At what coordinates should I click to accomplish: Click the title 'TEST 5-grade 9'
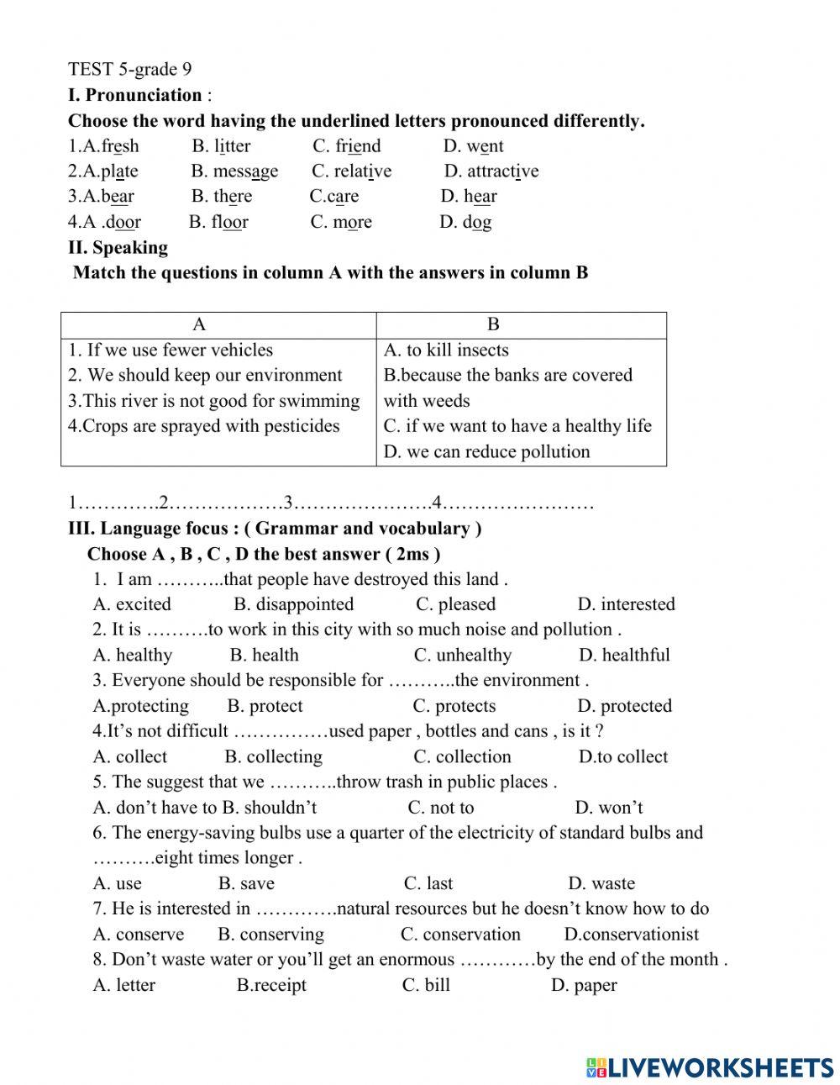pos(129,69)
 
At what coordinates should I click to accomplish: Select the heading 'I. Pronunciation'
pos(134,95)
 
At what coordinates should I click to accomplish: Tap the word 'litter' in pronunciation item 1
pos(222,146)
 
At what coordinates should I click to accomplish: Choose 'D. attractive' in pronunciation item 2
pos(491,171)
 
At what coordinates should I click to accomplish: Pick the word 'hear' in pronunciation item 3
pos(469,197)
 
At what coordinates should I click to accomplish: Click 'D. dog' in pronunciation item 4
pos(465,223)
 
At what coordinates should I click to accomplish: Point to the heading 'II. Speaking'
pos(118,248)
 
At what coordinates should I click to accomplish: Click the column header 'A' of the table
pos(199,325)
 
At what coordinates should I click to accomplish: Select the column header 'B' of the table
pos(493,325)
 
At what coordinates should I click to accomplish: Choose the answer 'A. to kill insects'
pos(446,350)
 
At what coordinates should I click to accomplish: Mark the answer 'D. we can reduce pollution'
pos(486,452)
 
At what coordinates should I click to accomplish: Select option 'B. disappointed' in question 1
pos(293,604)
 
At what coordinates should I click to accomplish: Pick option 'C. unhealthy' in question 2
pos(462,656)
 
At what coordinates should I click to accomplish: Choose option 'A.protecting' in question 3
pos(140,706)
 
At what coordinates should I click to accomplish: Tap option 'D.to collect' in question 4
pos(622,756)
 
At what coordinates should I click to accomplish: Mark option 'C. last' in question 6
pos(428,883)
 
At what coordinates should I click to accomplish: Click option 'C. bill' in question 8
pos(426,985)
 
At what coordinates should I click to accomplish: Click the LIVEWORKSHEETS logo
pos(710,1067)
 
